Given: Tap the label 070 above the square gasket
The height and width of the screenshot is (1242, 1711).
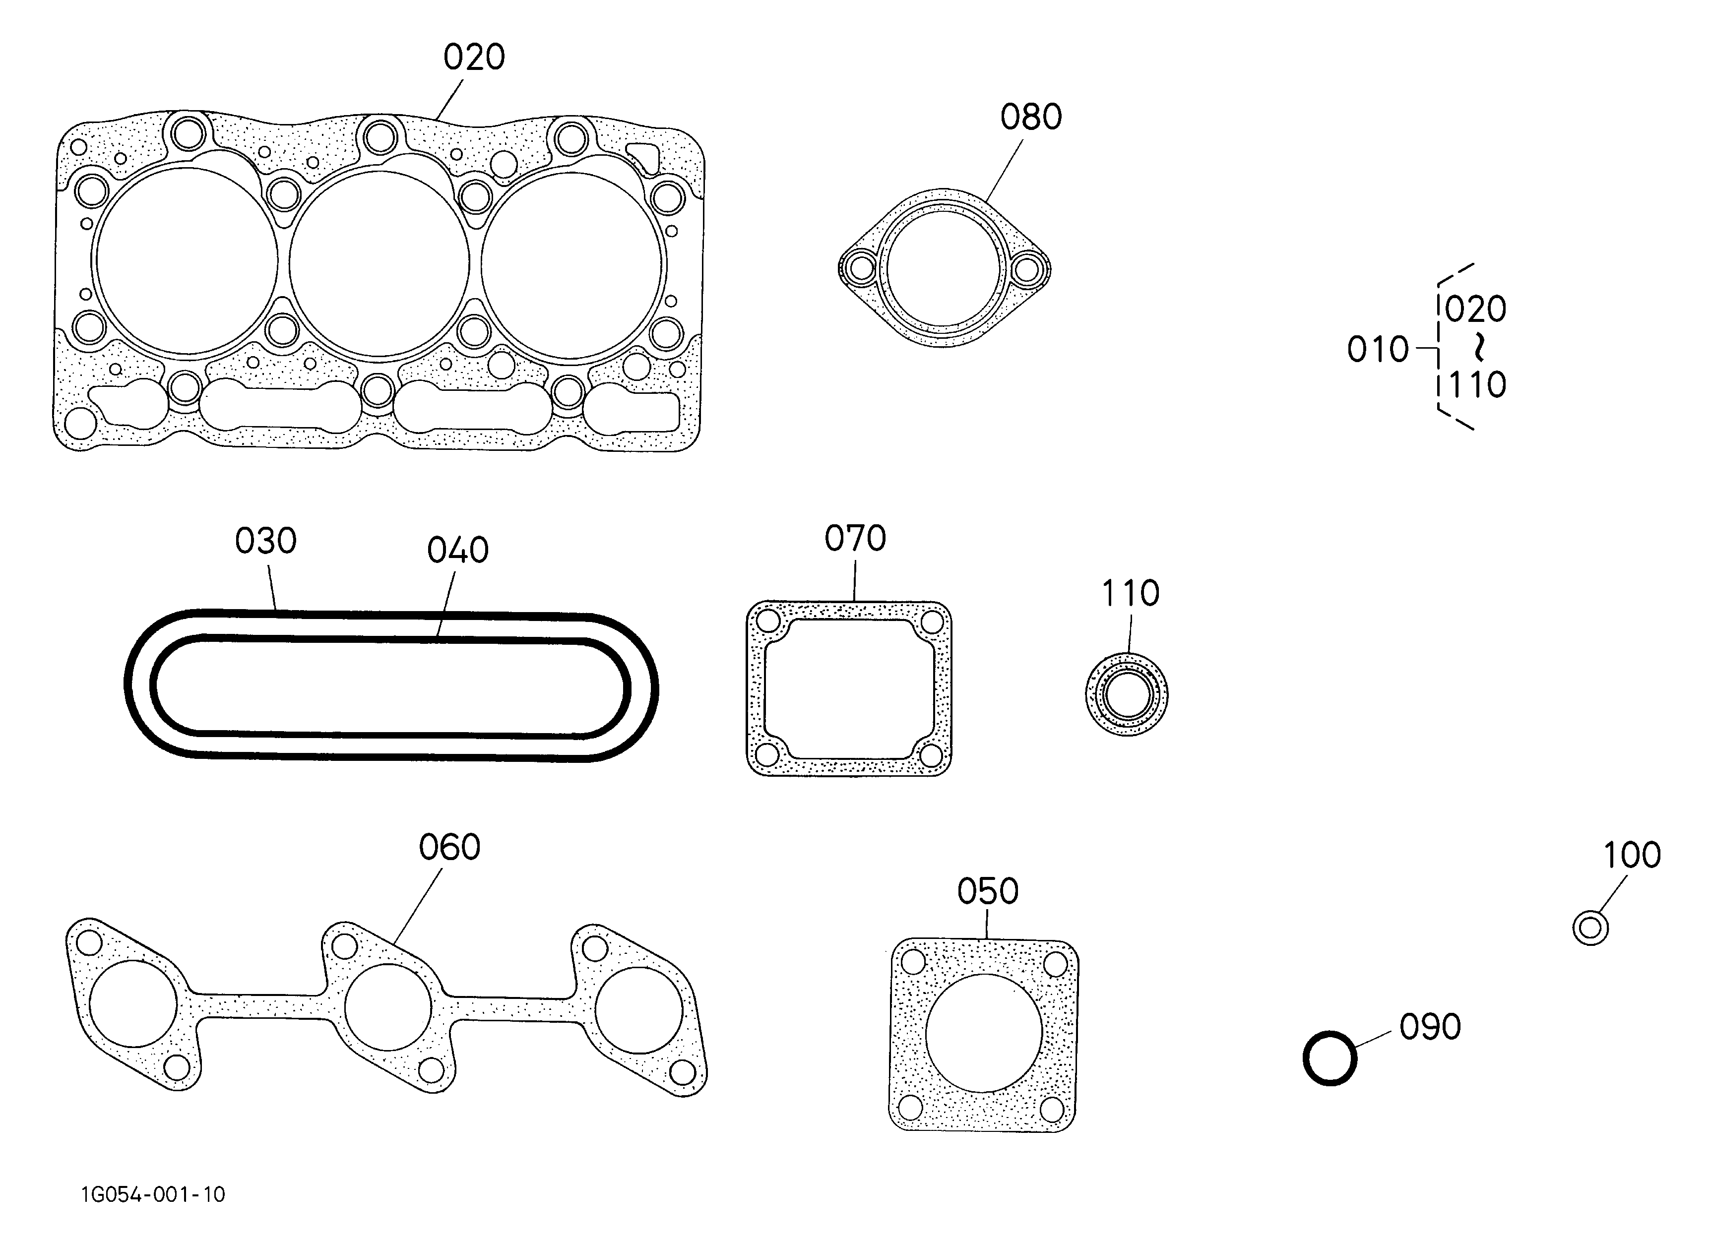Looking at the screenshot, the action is click(855, 539).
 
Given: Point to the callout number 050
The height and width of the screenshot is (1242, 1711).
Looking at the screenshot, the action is click(988, 891).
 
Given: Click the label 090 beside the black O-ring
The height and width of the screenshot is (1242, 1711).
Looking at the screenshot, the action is click(1430, 1027).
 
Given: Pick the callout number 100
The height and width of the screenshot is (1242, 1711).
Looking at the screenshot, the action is click(1632, 855).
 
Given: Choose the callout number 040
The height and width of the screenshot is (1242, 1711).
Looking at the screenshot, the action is click(458, 551).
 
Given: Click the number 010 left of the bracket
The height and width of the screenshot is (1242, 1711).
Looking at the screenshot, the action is click(1378, 350).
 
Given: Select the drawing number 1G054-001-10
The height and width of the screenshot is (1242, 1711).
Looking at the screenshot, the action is click(153, 1194).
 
